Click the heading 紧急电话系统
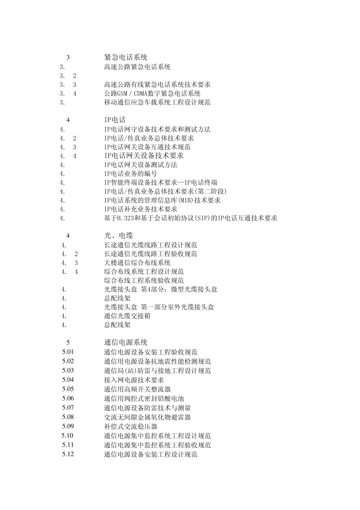[126, 58]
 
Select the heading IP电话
[115, 120]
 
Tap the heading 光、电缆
[118, 236]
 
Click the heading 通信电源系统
[126, 342]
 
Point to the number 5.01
[68, 352]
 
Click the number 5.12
[68, 454]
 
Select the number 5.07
[68, 408]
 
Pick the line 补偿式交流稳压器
[131, 427]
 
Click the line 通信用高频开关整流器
[137, 389]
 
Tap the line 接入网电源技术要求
[134, 380]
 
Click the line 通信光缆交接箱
[127, 316]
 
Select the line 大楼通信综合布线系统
[137, 263]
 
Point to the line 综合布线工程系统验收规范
[144, 281]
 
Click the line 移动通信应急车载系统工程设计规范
[157, 102]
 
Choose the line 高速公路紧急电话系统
[137, 67]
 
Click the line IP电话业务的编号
[131, 174]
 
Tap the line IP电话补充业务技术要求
[141, 209]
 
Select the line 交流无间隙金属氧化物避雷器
[147, 417]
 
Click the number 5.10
[68, 436]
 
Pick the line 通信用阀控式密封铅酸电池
[144, 399]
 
